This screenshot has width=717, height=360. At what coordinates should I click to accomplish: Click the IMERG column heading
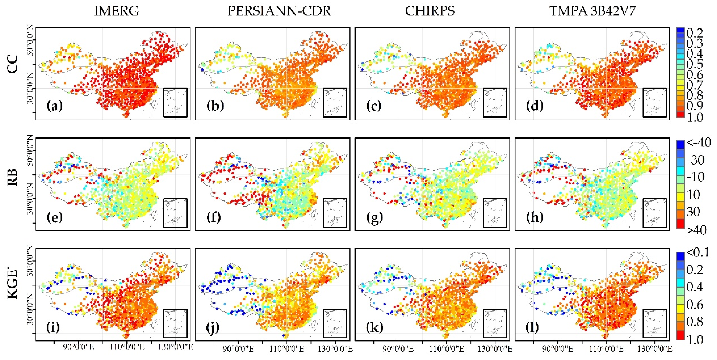(x=116, y=11)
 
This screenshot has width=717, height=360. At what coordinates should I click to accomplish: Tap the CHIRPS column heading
(x=430, y=11)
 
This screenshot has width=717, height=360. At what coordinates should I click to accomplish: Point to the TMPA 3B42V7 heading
(x=592, y=11)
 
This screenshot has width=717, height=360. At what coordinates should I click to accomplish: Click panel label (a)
(x=55, y=106)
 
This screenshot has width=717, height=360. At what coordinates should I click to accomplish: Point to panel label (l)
(x=532, y=327)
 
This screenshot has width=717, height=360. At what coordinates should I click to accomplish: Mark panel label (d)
(x=534, y=106)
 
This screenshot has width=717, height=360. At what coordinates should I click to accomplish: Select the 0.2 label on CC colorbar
(x=695, y=33)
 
